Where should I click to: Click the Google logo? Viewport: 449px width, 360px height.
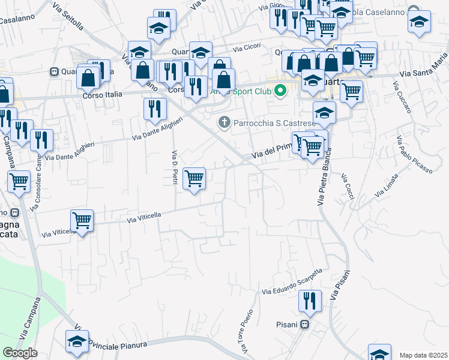[20, 353]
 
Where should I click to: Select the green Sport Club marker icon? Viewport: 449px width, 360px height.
[279, 92]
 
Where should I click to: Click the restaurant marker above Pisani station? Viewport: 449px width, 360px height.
[310, 301]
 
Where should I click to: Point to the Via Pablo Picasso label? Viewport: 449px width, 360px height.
[414, 154]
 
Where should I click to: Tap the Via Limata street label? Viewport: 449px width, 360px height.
[386, 186]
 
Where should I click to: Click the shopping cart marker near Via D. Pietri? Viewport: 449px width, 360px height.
[194, 178]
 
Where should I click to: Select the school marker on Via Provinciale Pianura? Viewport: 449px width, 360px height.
[77, 341]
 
